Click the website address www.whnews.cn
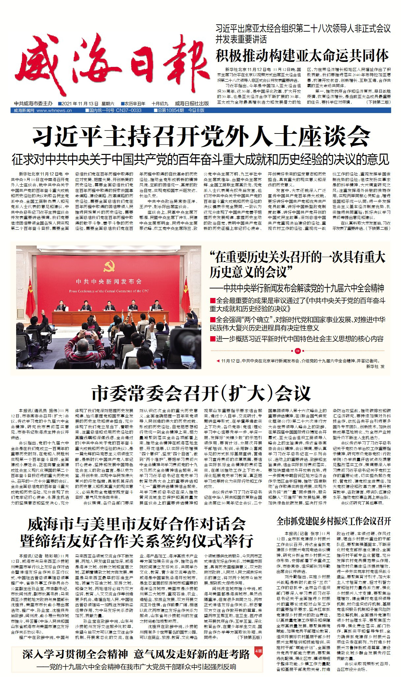click(x=54, y=110)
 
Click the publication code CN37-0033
click(x=129, y=110)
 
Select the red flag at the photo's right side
click(x=185, y=298)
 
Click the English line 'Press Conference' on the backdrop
click(x=109, y=291)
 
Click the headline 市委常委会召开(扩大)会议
click(x=201, y=393)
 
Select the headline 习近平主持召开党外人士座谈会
click(x=201, y=136)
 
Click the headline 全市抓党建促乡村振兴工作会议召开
click(x=333, y=521)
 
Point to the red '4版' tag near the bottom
click(x=258, y=651)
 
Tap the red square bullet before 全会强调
click(x=213, y=319)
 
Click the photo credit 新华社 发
click(x=375, y=366)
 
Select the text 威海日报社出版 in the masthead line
click(x=192, y=103)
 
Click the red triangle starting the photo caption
click(x=218, y=361)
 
